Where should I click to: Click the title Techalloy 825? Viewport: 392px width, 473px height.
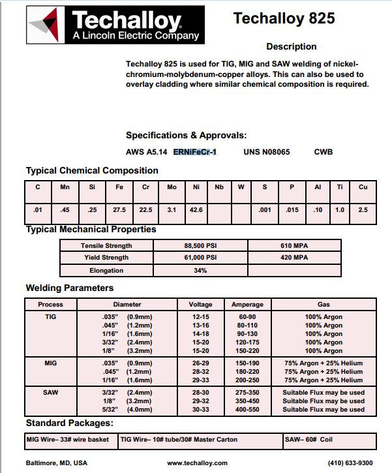284,18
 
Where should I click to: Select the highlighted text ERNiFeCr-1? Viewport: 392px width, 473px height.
194,152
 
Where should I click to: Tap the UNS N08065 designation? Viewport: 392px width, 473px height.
267,152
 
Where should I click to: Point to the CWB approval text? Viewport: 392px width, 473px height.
324,152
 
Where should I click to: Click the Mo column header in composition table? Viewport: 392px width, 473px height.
172,187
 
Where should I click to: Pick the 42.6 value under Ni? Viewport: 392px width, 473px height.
196,209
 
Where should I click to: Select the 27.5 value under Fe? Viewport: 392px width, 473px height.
119,209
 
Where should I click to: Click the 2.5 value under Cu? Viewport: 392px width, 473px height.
363,209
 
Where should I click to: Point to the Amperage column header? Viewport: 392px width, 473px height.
247,305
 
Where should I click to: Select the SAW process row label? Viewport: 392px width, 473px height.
50,392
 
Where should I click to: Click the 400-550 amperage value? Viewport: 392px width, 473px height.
247,410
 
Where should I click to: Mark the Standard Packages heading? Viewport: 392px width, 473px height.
69,423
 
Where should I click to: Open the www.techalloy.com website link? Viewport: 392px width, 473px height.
198,463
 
